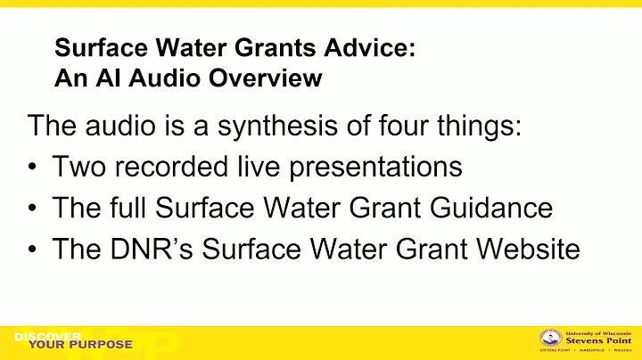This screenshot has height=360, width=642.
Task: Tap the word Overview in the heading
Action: tap(270, 78)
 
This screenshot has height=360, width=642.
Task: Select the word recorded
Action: tap(171, 167)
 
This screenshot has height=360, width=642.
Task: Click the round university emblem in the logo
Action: tap(552, 339)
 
